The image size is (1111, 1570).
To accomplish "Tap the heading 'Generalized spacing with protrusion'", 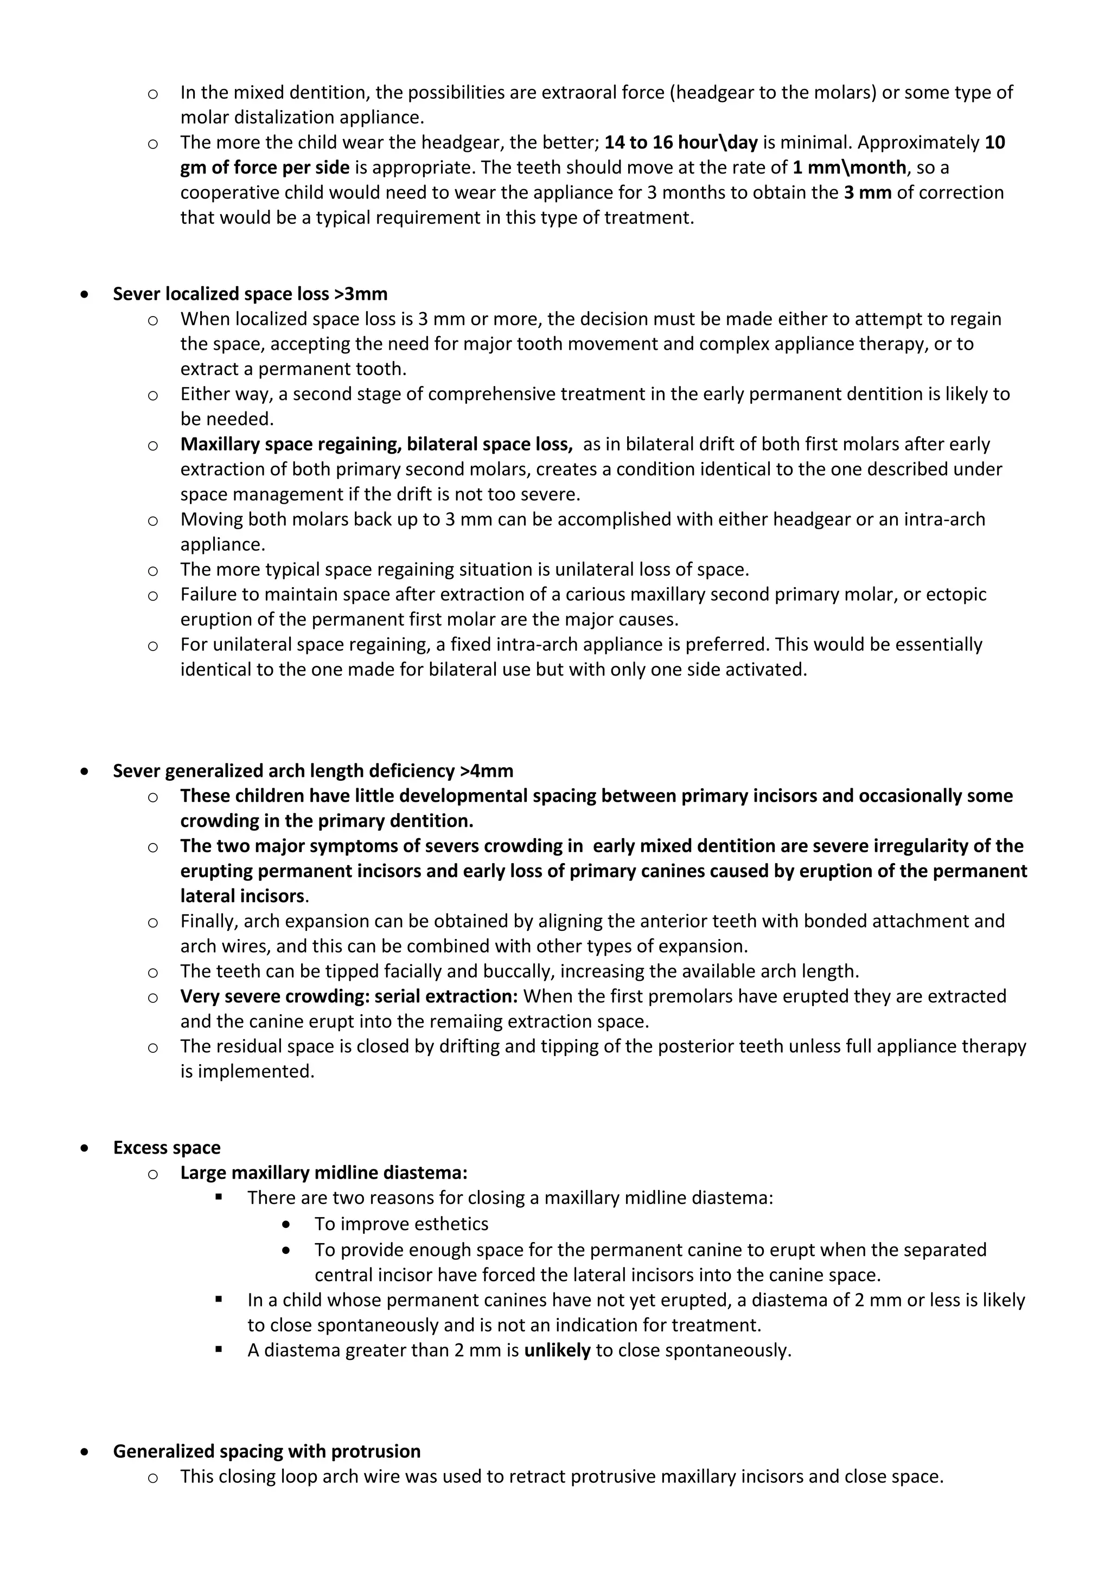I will click(x=266, y=1451).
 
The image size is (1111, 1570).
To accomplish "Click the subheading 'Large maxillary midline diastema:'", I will click(x=323, y=1173).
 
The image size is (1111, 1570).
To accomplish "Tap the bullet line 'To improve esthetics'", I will click(x=401, y=1224).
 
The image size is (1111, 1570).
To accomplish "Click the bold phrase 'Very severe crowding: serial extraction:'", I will click(x=349, y=996).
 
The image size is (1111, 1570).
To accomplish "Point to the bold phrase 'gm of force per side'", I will click(x=265, y=168).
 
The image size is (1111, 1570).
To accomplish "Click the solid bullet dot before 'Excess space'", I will click(x=84, y=1148).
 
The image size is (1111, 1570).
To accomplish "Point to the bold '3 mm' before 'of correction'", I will click(x=867, y=193).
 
